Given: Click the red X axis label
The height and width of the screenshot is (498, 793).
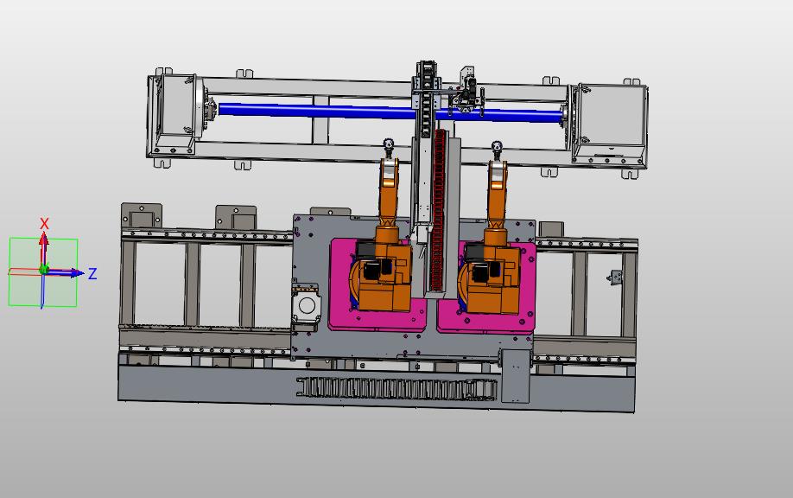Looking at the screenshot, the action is click(45, 223).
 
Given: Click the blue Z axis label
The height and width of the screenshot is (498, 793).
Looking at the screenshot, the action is click(92, 274).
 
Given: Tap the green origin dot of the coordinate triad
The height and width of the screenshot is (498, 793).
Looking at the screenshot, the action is click(43, 270).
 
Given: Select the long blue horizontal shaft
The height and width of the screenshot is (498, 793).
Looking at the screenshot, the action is click(390, 112).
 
